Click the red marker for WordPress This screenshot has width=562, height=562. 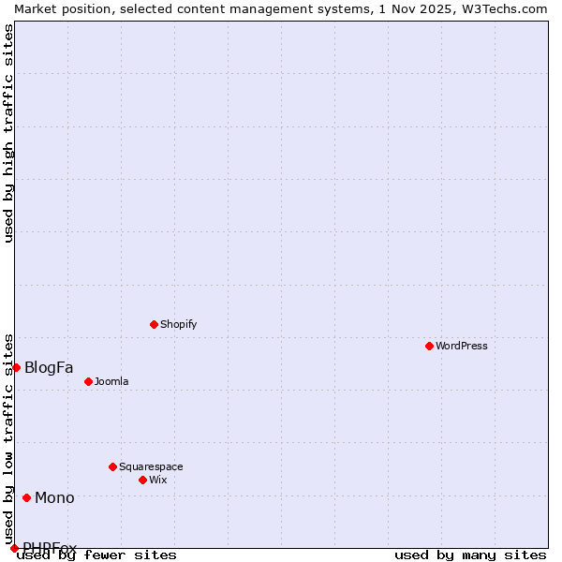[429, 346]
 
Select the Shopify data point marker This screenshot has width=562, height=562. [154, 324]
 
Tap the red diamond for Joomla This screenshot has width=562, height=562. [88, 381]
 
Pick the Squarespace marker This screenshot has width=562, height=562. [112, 466]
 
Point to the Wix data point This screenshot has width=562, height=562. [142, 480]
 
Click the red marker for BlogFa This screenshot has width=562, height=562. [16, 367]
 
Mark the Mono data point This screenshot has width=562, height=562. [26, 497]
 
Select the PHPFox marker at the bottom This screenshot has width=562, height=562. [14, 548]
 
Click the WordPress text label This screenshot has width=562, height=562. [462, 346]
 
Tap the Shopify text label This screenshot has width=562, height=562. [178, 324]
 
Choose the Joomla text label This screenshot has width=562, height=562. [111, 381]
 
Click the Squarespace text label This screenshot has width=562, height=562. [151, 466]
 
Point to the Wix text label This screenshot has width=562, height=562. [157, 480]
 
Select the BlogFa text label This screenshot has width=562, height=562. [49, 367]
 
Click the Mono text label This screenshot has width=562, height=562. [54, 497]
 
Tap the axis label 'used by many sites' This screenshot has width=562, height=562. [470, 555]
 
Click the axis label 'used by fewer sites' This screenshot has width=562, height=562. [97, 555]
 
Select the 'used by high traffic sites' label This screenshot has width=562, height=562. [8, 133]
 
